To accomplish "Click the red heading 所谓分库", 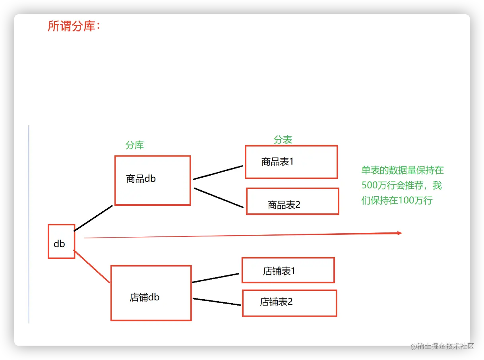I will (x=74, y=26).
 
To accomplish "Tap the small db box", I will (x=61, y=242).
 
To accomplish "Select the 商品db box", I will (x=153, y=180).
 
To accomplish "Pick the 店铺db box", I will (x=151, y=293).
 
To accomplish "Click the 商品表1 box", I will (x=291, y=162).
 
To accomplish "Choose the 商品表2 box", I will (x=292, y=201).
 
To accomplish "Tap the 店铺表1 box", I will (x=288, y=270).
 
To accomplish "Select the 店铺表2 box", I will (x=289, y=303).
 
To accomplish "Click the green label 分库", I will (x=135, y=145).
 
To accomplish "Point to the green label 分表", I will (x=283, y=139).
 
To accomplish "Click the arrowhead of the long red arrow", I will (x=399, y=233).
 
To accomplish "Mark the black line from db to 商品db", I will (x=93, y=218).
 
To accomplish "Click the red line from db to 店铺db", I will (x=92, y=267).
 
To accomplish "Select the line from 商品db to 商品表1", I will (x=218, y=173).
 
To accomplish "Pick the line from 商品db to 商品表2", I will (x=219, y=198).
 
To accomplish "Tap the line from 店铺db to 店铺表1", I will (x=215, y=278).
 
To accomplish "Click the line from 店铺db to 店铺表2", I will (x=217, y=302).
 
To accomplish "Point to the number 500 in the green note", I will (x=369, y=186).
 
